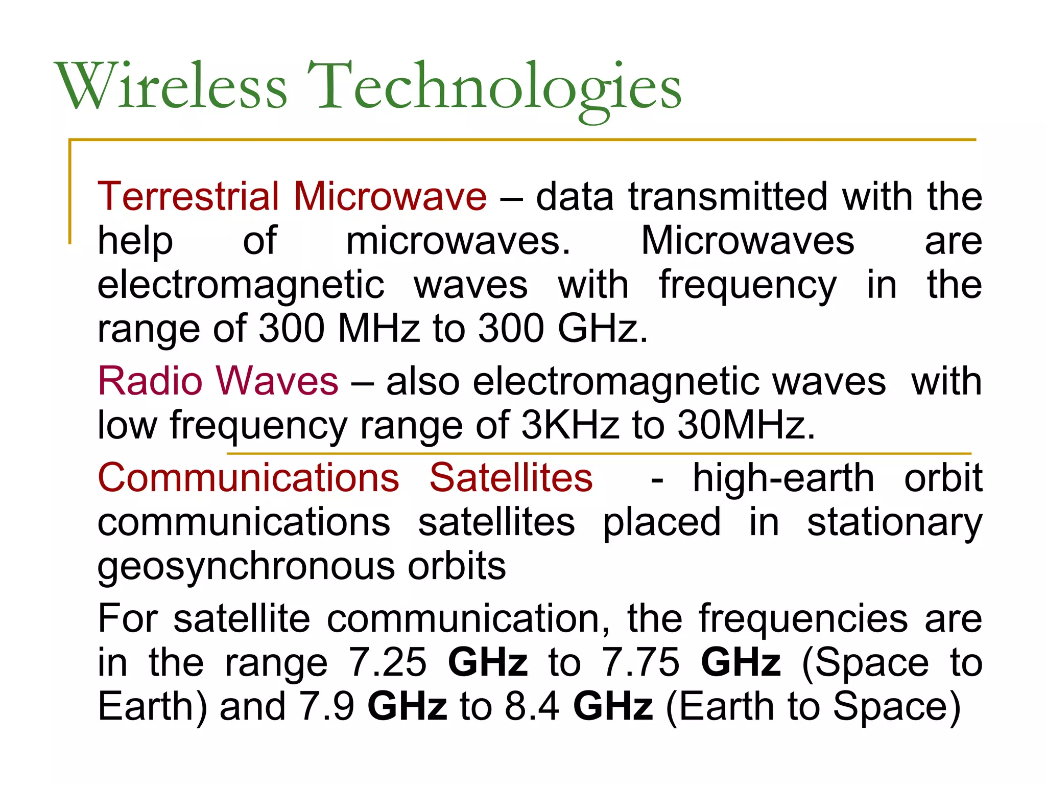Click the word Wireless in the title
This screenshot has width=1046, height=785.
[x=172, y=86]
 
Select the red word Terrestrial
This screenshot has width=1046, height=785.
[x=188, y=196]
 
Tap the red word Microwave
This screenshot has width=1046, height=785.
[x=390, y=196]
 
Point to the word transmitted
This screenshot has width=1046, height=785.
[x=727, y=196]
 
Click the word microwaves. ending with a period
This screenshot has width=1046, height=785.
[x=458, y=241]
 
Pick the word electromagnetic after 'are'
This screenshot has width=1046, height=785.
[x=241, y=285]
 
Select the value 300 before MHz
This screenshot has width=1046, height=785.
[x=292, y=328]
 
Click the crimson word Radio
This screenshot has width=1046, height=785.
[x=150, y=381]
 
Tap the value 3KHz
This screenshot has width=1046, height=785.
[x=569, y=425]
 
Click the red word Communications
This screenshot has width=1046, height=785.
[x=248, y=478]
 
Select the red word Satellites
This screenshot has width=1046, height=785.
[x=511, y=478]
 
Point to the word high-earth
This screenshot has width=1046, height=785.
[x=783, y=478]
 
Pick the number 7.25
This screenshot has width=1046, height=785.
[x=387, y=663]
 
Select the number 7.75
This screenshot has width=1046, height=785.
[x=640, y=663]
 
